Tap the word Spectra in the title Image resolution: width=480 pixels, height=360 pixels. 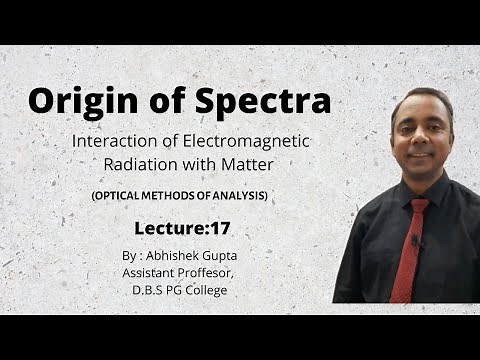coord(267,102)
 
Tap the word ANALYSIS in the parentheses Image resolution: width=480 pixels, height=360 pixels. coord(237,196)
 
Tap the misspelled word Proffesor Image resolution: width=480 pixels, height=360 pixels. coord(212,273)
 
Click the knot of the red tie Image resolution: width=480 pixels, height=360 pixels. coord(415,205)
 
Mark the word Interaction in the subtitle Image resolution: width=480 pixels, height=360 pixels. coord(113,141)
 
